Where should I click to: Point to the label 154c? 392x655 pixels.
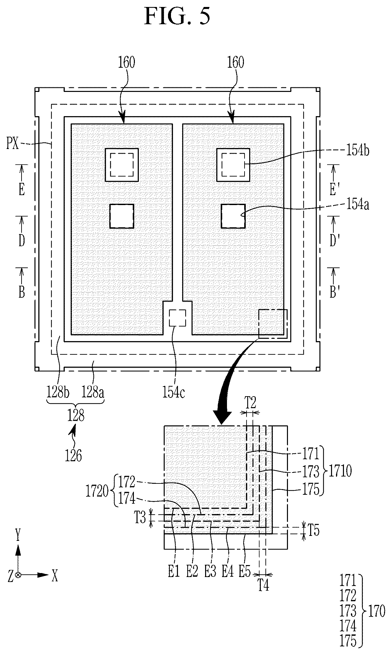click(174, 393)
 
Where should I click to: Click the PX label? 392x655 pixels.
click(13, 145)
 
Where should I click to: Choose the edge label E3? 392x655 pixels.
click(210, 571)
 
